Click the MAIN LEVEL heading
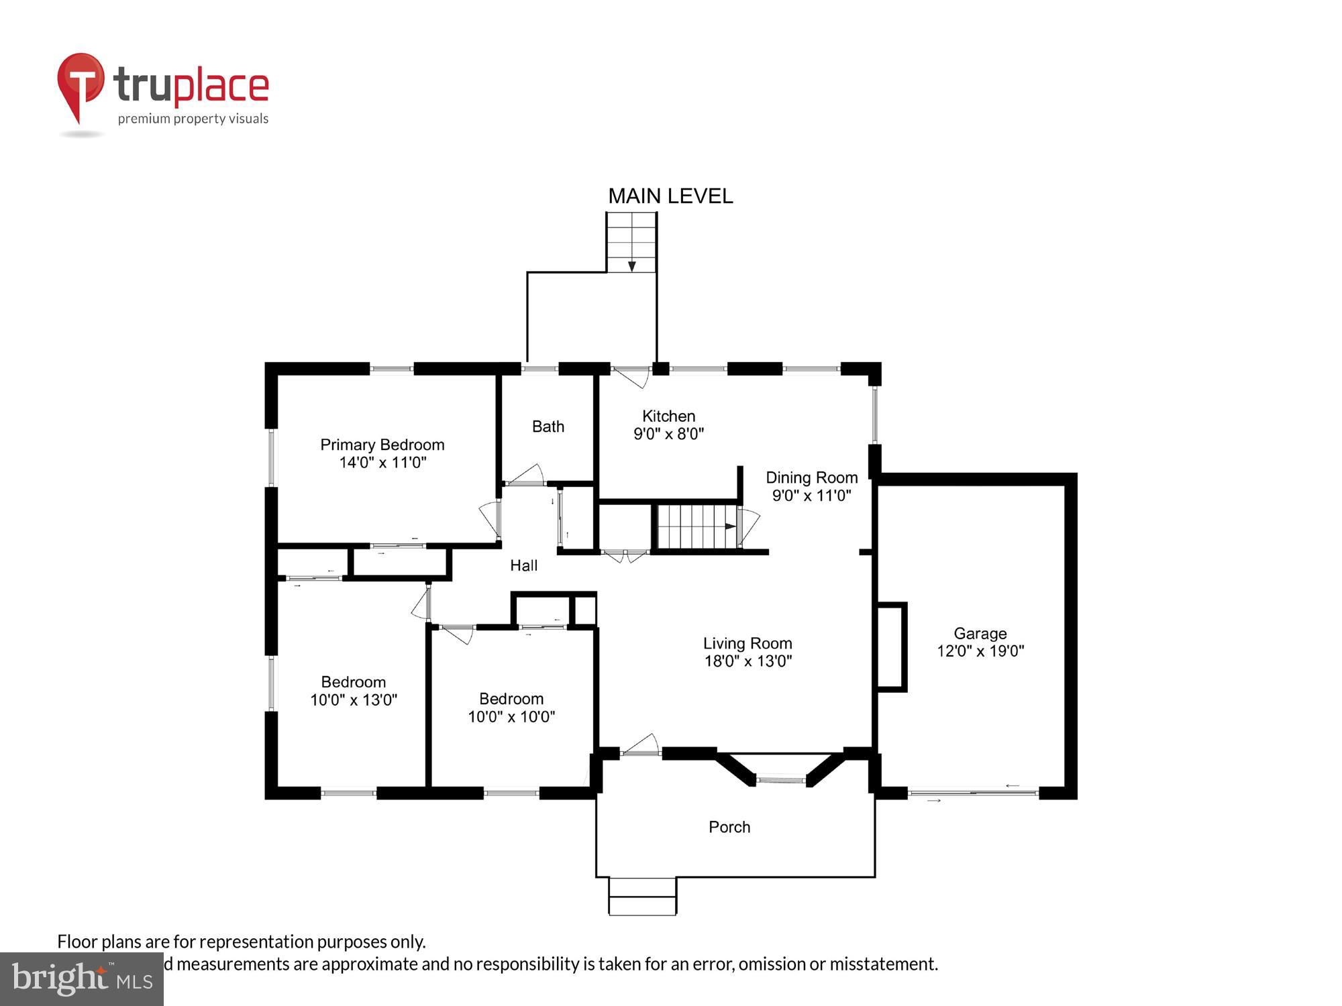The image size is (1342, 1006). (x=670, y=196)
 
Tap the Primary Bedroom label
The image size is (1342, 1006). (x=382, y=445)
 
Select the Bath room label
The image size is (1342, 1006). (x=548, y=427)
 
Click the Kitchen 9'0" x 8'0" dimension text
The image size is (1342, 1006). (x=668, y=434)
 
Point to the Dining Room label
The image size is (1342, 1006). (x=811, y=478)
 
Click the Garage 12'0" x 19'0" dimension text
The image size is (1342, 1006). (x=980, y=651)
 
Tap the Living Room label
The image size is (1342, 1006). (x=747, y=644)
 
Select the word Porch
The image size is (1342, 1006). (x=729, y=827)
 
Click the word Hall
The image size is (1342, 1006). (x=523, y=565)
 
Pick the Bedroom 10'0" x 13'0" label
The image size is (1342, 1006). (x=353, y=691)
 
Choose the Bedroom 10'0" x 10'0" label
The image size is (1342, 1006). (x=511, y=708)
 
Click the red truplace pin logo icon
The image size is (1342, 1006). (x=81, y=84)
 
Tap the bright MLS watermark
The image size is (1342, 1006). (x=82, y=979)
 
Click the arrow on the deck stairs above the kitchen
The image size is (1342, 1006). (x=631, y=266)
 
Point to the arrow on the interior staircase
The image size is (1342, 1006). (x=729, y=526)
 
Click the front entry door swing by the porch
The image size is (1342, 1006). (x=642, y=744)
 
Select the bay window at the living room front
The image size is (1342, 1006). (x=780, y=779)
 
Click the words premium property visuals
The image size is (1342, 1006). (x=193, y=119)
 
